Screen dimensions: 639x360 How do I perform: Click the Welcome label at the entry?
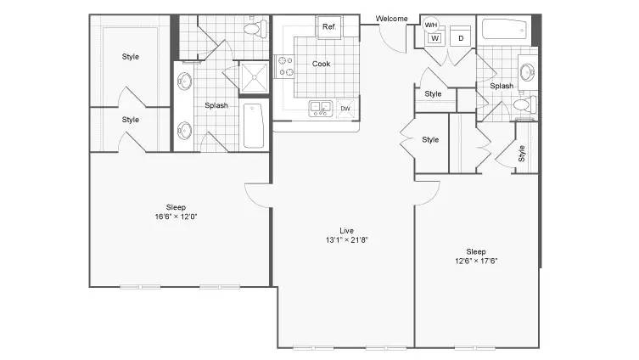pos(391,19)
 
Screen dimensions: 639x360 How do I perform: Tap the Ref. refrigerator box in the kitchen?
pos(329,27)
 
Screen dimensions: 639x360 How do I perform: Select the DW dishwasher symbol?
pos(345,109)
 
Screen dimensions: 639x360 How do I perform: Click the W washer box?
pos(434,38)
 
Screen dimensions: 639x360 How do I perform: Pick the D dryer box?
pos(461,37)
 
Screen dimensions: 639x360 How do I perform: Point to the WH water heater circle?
pos(431,25)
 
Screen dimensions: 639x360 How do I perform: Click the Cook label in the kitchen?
pos(321,64)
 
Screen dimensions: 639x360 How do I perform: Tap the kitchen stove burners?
pos(285,66)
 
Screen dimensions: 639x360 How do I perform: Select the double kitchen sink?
pos(320,108)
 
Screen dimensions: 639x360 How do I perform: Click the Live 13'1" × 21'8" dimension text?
pos(346,236)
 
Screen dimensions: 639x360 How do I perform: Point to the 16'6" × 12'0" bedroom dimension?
pos(176,217)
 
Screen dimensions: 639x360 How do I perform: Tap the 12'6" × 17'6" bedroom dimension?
pos(476,261)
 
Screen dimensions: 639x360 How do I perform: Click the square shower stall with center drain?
pos(254,77)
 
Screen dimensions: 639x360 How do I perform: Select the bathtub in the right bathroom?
pos(504,30)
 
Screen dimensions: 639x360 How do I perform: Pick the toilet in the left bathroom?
pos(255,29)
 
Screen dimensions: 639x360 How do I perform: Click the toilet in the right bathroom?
pos(525,104)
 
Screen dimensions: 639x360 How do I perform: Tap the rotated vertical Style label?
pos(522,154)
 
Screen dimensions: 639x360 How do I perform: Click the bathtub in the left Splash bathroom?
pos(253,126)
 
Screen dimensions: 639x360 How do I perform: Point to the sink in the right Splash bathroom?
pos(529,72)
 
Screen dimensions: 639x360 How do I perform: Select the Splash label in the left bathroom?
pos(216,105)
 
